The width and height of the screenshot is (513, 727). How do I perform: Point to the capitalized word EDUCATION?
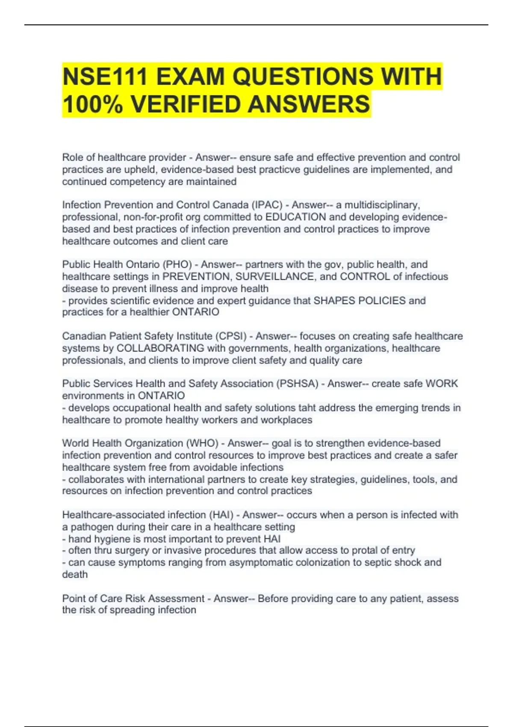(295, 217)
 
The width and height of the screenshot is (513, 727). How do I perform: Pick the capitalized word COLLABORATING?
(160, 348)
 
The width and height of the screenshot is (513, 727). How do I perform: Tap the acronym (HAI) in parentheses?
(221, 515)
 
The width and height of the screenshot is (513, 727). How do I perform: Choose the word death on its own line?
(75, 574)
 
